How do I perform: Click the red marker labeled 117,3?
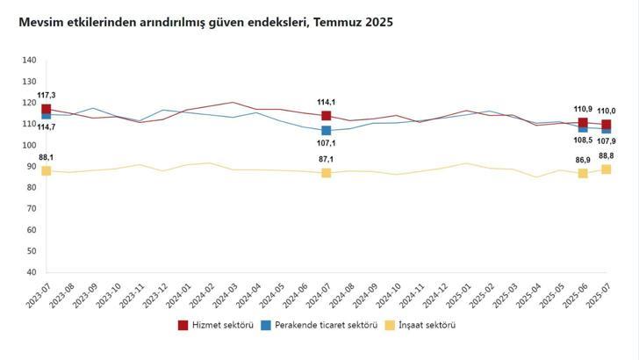point(46,110)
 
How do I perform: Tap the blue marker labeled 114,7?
point(46,115)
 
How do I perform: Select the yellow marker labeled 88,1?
point(46,170)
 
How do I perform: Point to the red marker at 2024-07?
point(326,116)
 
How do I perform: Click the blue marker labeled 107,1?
point(326,131)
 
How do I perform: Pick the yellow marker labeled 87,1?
point(326,173)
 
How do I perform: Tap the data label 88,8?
point(606,155)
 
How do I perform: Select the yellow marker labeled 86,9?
point(583,174)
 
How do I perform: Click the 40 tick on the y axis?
point(31,272)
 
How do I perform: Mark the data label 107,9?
point(606,141)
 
